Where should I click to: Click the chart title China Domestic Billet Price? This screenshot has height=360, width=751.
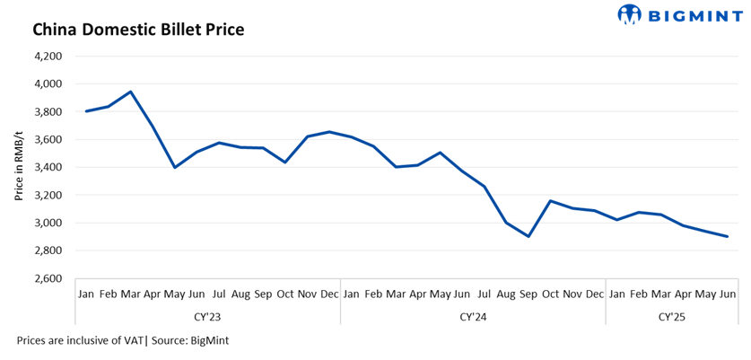138,30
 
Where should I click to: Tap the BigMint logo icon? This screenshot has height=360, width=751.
630,13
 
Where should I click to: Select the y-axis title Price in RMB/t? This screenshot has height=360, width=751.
18,167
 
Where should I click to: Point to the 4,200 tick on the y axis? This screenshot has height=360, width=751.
48,56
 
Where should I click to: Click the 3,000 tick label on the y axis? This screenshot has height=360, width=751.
48,223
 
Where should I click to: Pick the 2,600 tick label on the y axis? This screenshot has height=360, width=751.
48,278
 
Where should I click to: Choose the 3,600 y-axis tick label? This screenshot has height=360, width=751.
48,139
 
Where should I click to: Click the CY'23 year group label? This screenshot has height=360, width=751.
208,316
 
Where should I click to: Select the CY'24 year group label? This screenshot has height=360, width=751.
473,316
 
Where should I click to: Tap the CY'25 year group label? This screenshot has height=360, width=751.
672,316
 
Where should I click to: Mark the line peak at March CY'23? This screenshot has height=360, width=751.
131,92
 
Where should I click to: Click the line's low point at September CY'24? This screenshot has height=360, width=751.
528,236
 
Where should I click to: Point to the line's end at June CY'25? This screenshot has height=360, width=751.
728,236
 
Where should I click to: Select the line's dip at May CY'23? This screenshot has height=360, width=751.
175,167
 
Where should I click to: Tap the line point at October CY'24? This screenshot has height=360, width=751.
551,201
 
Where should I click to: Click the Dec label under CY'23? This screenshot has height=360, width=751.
329,294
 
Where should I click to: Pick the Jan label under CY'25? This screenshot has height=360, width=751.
617,294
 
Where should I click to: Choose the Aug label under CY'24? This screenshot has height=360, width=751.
506,294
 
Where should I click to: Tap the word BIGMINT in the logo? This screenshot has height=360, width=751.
693,14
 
